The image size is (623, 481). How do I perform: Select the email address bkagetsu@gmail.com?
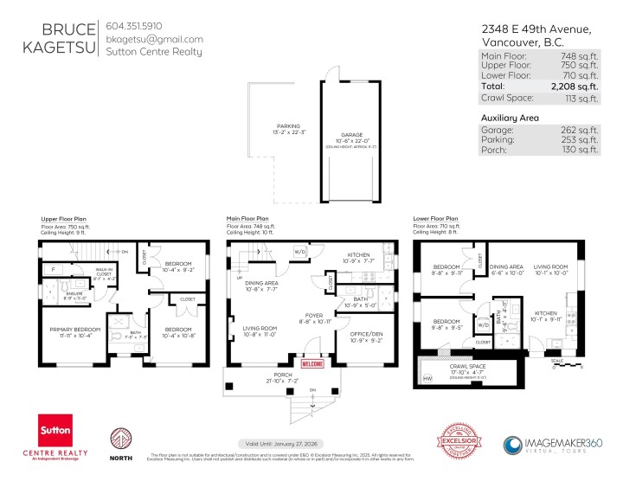click(154, 39)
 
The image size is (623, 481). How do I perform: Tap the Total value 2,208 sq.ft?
click(574, 87)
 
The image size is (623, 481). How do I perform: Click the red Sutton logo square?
click(60, 430)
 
